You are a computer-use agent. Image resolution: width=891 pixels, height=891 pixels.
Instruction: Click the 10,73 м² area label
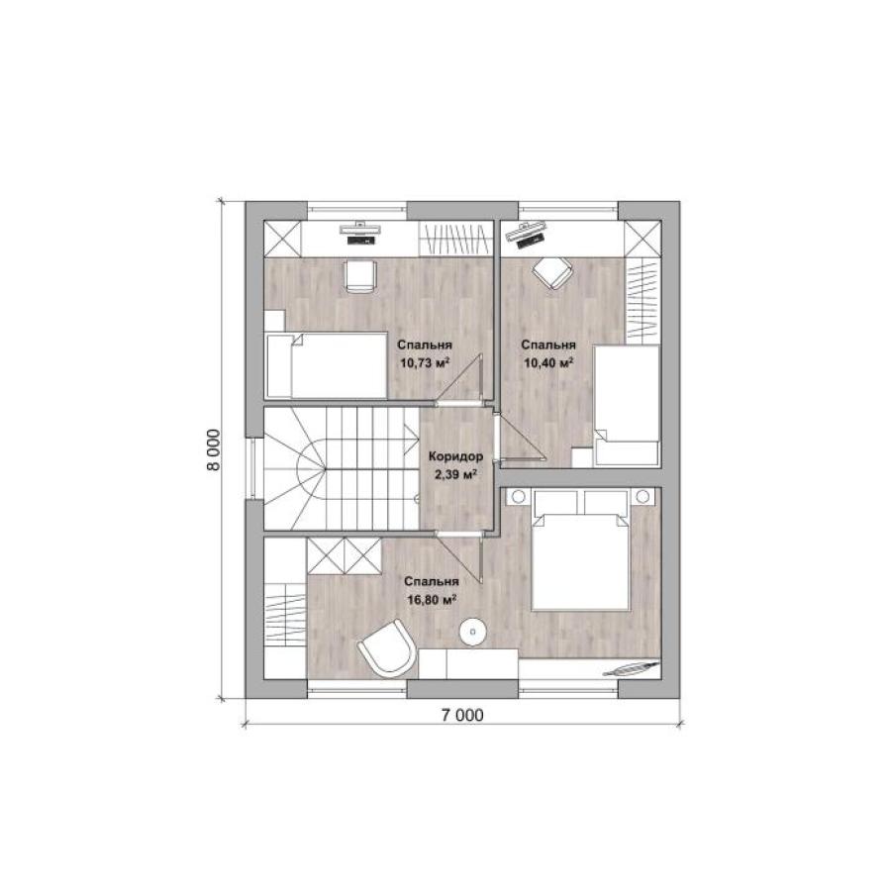pos(425,362)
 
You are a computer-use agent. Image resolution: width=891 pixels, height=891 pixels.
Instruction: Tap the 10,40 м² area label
pos(548,362)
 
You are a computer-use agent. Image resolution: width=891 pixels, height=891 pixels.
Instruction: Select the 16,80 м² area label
pos(433,599)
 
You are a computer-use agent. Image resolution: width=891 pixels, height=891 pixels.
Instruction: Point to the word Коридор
pos(455,456)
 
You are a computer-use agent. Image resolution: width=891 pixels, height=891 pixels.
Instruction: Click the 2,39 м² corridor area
pos(455,473)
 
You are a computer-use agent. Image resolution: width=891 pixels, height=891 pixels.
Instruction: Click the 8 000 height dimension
pos(213,449)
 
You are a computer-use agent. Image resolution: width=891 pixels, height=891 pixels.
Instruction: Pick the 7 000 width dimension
pos(462,715)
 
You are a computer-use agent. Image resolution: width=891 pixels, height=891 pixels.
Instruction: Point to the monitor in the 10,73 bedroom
pos(360,229)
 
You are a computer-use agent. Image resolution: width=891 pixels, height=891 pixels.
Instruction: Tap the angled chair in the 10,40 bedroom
pos(552,271)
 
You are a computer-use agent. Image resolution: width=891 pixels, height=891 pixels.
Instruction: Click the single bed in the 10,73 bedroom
pos(327,365)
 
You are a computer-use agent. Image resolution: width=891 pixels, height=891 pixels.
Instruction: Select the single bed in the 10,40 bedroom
pos(627,405)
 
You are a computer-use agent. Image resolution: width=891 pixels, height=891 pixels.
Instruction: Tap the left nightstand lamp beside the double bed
pos(518,497)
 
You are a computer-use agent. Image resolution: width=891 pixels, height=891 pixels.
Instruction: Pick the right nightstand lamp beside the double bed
pos(643,497)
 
